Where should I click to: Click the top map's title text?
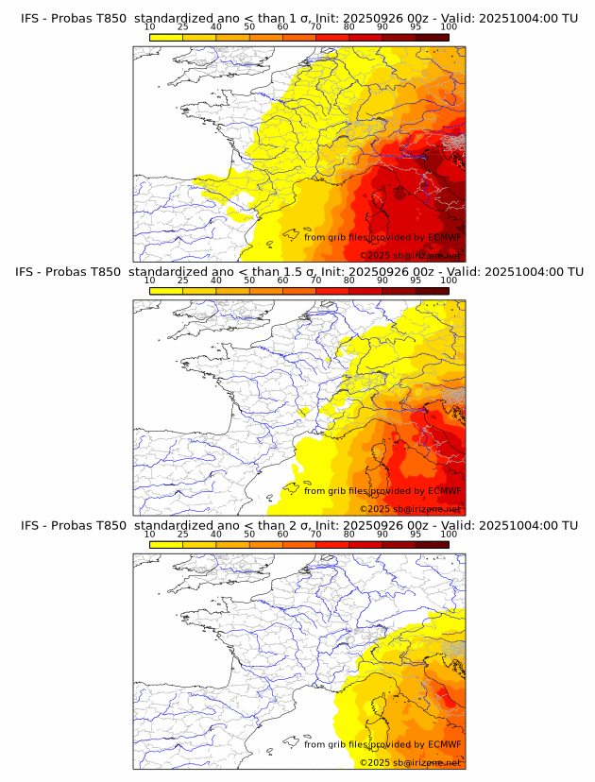298,18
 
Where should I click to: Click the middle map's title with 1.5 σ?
298,272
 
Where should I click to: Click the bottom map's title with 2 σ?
298,525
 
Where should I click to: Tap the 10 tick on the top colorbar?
150,27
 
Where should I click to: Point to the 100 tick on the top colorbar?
449,27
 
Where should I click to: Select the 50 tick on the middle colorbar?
249,280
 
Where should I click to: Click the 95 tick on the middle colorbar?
416,280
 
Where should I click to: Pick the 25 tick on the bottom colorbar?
183,535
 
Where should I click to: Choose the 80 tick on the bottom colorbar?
349,535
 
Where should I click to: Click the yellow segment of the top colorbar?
166,36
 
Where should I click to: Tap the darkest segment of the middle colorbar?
433,290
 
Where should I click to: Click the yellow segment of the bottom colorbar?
166,544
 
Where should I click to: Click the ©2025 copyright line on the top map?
410,255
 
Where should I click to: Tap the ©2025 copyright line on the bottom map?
410,762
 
